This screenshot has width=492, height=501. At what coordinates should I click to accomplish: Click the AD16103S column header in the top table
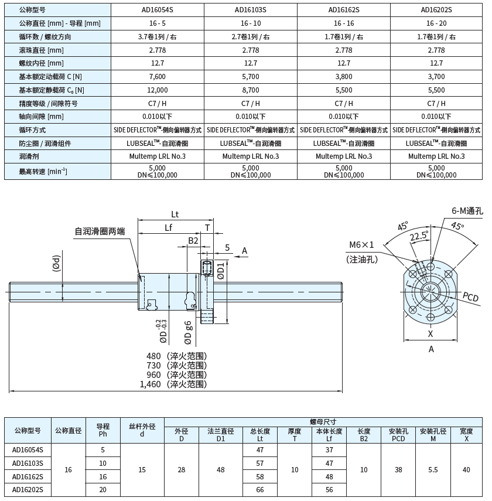click(x=250, y=9)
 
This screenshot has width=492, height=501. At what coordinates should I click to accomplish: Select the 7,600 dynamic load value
click(x=158, y=77)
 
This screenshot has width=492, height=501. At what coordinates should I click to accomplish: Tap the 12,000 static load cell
click(x=158, y=90)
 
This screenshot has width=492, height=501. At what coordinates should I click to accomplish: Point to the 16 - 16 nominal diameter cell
click(x=343, y=23)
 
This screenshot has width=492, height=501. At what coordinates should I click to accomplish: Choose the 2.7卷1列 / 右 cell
click(x=250, y=36)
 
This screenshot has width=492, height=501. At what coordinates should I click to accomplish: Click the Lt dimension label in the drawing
click(x=175, y=214)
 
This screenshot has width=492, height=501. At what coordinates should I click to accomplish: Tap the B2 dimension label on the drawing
click(x=193, y=240)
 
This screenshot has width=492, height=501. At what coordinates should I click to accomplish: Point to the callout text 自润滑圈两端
click(x=100, y=231)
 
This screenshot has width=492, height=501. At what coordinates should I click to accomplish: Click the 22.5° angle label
click(x=419, y=236)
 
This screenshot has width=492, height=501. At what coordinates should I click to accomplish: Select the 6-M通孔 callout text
click(x=467, y=212)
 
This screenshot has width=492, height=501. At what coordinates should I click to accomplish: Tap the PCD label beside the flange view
click(x=470, y=298)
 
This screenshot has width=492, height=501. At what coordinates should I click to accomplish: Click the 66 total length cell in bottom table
click(x=259, y=489)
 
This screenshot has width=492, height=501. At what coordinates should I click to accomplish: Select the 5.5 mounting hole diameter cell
click(x=433, y=469)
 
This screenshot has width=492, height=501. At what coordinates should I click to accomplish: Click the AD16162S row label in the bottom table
click(x=28, y=476)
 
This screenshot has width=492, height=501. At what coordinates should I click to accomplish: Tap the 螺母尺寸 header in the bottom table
click(x=323, y=421)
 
